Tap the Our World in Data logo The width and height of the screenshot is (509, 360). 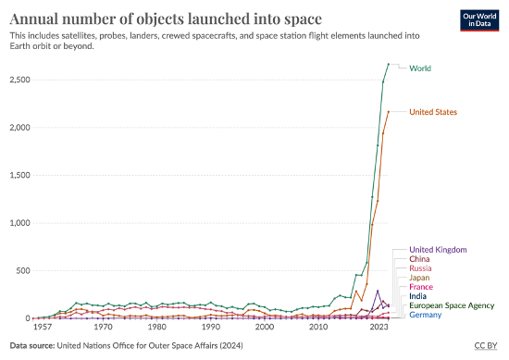pyautogui.click(x=479, y=21)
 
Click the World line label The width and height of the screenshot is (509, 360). pyautogui.click(x=420, y=68)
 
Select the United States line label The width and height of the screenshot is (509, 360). pyautogui.click(x=433, y=112)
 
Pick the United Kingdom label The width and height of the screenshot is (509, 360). pyautogui.click(x=437, y=250)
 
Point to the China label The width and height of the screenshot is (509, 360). pyautogui.click(x=420, y=261)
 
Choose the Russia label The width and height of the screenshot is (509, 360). pyautogui.click(x=421, y=272)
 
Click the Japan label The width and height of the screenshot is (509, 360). pyautogui.click(x=420, y=283)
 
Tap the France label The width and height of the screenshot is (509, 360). pyautogui.click(x=421, y=294)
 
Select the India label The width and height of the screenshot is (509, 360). pyautogui.click(x=418, y=305)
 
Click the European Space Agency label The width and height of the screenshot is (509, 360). pyautogui.click(x=452, y=305)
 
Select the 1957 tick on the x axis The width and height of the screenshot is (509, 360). pyautogui.click(x=43, y=328)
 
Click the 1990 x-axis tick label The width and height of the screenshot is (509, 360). pyautogui.click(x=211, y=328)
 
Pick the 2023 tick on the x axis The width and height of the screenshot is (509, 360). pyautogui.click(x=379, y=328)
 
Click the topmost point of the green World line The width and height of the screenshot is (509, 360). pyautogui.click(x=389, y=64)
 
